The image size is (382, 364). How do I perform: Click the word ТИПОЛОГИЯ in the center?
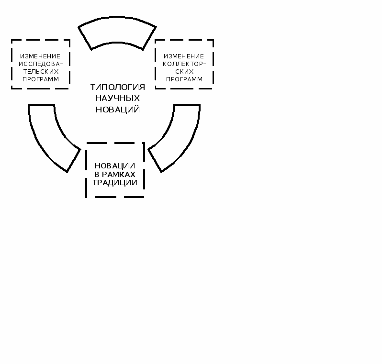tap(117, 87)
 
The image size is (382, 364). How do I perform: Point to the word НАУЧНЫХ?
tap(117, 98)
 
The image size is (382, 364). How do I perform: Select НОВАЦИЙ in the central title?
tap(117, 110)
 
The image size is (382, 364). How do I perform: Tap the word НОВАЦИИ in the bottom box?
tap(115, 165)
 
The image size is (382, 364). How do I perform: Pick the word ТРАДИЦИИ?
tap(115, 183)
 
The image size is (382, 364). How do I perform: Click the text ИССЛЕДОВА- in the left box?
tap(40, 64)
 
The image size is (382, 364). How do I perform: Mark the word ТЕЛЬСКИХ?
tap(40, 71)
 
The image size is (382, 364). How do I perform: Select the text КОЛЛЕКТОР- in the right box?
tap(184, 64)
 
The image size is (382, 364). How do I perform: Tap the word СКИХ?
tap(184, 71)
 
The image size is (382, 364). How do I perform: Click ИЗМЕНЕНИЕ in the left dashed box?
tap(40, 56)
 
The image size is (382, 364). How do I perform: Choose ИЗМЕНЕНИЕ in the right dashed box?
tap(184, 56)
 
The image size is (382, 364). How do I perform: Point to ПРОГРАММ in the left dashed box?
tap(40, 79)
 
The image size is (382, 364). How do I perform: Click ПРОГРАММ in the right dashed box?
tap(184, 79)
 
